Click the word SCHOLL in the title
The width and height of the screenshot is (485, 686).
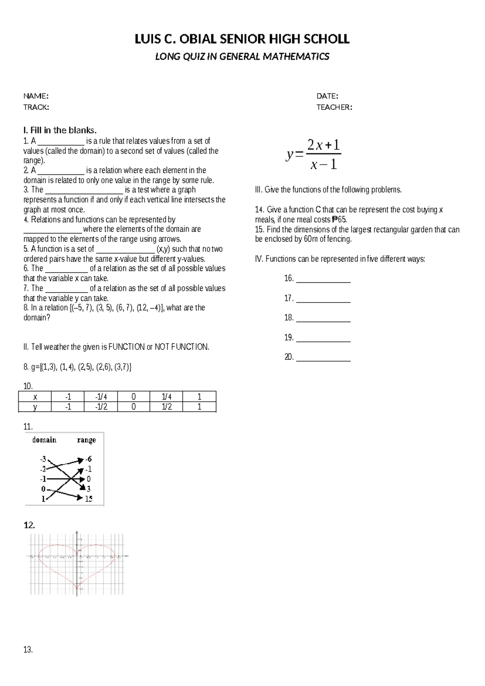point(326,39)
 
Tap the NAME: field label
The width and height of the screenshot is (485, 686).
point(36,96)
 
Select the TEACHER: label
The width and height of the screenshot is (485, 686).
point(334,107)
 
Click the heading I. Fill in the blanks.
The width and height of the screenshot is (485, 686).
point(60,130)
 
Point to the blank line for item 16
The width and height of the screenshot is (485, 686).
point(323,279)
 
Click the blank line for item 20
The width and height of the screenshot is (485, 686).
point(323,358)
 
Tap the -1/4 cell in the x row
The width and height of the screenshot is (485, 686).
point(101,396)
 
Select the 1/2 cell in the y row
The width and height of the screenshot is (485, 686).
point(166,407)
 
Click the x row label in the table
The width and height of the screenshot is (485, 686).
point(35,396)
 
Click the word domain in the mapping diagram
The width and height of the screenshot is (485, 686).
point(44,440)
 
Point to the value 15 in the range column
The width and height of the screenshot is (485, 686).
point(89,499)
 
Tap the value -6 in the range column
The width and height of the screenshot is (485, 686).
point(88,459)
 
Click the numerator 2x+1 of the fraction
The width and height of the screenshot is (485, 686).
point(323,144)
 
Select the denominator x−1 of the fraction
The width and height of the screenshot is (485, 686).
point(323,165)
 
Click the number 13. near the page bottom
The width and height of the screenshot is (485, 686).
point(28,650)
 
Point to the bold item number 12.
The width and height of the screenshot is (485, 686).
point(29,525)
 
